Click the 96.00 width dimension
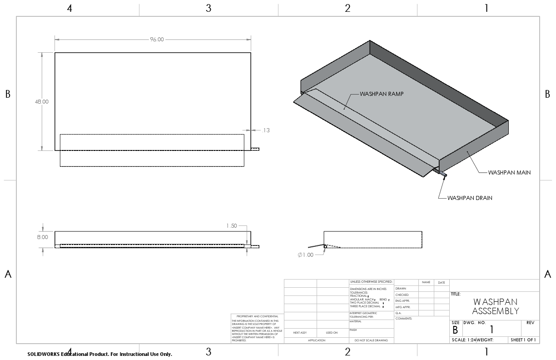[157, 40]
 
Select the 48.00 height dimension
[42, 102]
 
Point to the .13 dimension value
[266, 130]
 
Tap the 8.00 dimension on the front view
[42, 237]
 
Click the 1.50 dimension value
[231, 226]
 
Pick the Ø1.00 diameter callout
[306, 255]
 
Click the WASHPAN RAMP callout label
[382, 94]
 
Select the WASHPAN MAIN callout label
[509, 173]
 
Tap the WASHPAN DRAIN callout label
[470, 198]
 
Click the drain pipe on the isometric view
[442, 174]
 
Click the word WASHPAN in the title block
[495, 302]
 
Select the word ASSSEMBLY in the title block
[495, 311]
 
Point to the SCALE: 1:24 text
[463, 340]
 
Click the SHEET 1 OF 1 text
[523, 340]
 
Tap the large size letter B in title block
[455, 330]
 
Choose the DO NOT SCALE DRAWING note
[372, 340]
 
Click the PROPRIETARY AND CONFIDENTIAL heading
[257, 316]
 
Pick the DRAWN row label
[401, 289]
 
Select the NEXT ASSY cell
[300, 333]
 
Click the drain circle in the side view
[325, 246]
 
